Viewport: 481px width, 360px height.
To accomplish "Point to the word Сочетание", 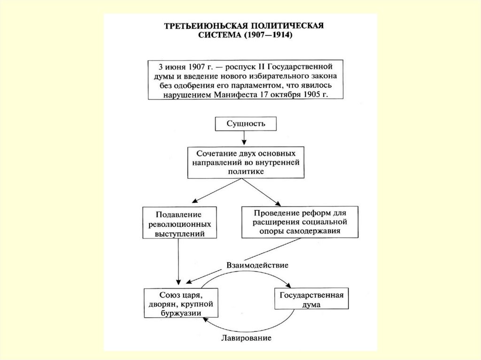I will [216, 154].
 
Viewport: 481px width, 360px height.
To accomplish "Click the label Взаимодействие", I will [257, 265].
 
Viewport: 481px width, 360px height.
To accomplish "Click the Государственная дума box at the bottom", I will [312, 299].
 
